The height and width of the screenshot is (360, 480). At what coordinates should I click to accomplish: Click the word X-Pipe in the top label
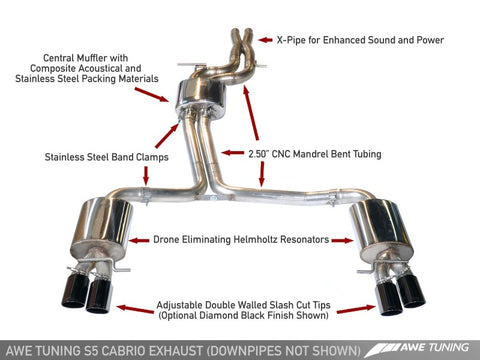293,41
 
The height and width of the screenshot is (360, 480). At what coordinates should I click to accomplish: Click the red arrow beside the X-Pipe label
265,41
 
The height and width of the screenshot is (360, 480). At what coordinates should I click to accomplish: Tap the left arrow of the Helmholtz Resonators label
140,240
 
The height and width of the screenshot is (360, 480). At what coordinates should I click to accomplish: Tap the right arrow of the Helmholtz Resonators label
340,240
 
